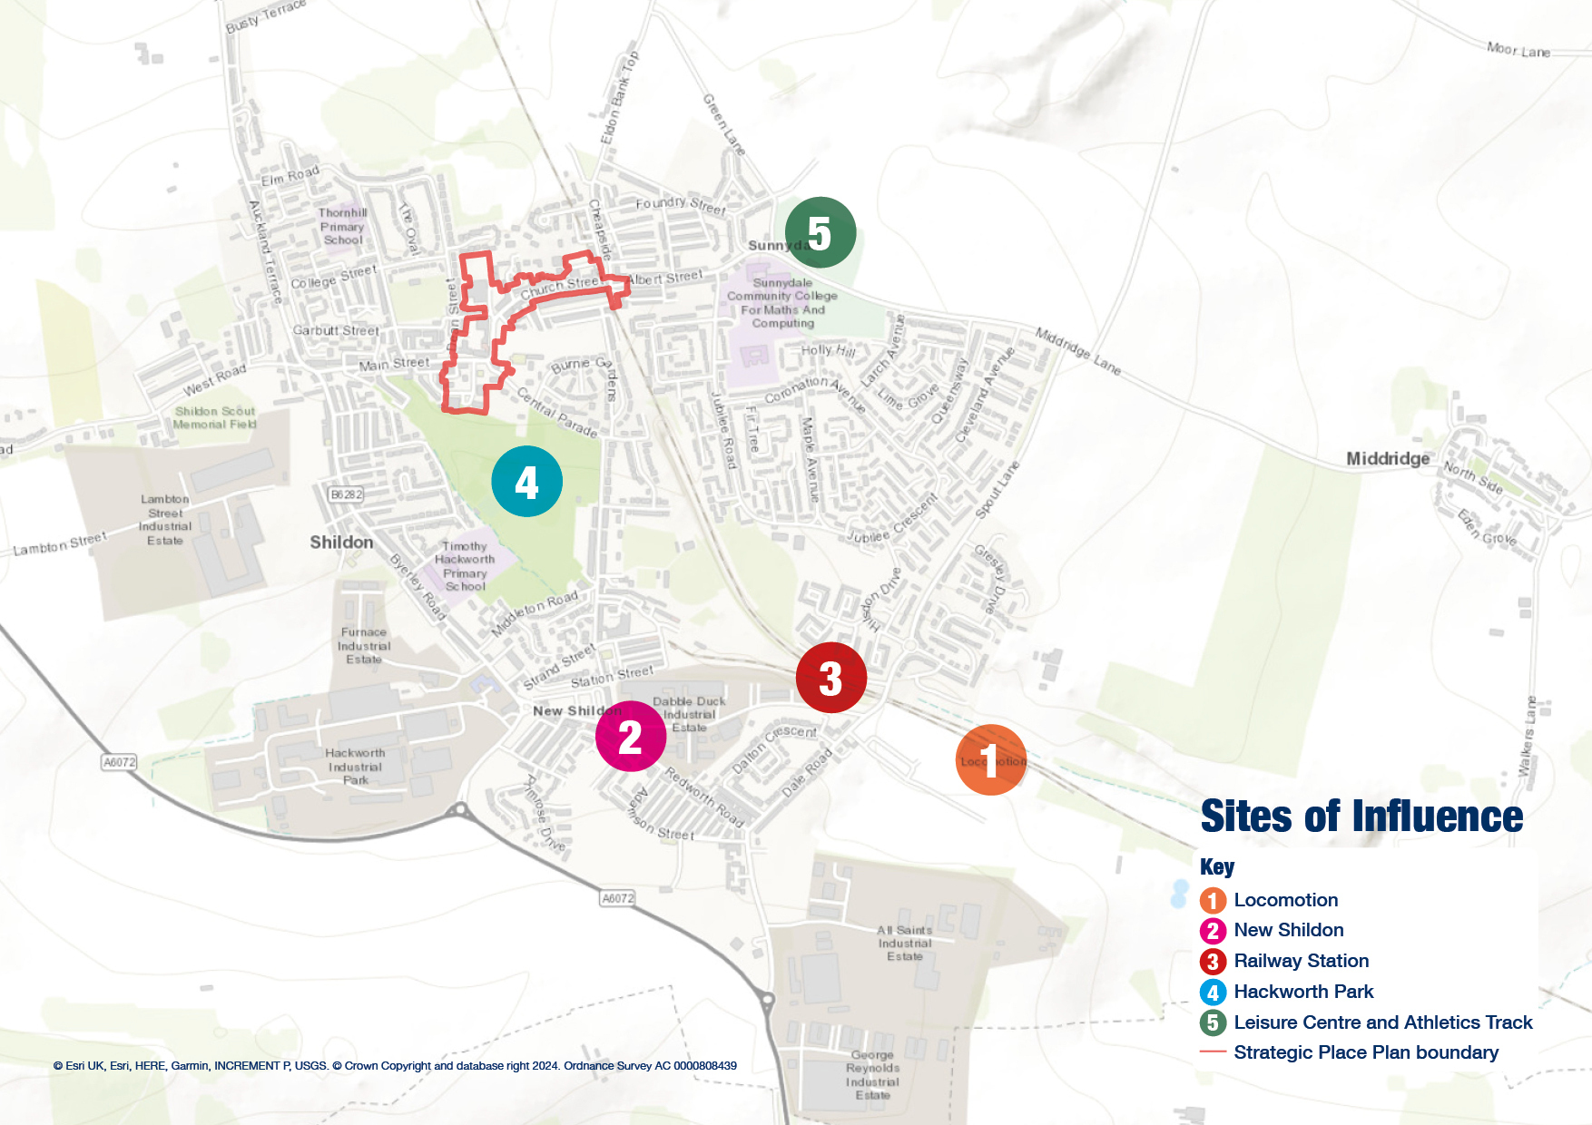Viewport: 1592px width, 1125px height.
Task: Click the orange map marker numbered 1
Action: [990, 760]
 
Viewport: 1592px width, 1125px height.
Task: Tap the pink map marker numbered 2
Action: [631, 737]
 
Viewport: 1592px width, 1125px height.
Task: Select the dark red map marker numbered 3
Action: [830, 678]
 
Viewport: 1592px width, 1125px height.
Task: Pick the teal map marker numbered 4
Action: [526, 482]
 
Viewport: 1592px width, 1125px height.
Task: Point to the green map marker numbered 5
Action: [820, 233]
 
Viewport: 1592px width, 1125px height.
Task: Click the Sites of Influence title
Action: [1361, 817]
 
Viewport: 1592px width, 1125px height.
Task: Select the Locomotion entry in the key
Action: [1285, 900]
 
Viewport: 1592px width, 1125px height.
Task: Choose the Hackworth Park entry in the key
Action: [1302, 992]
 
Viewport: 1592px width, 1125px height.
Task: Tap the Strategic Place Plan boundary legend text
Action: [1365, 1052]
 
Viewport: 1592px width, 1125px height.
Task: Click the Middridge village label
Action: [1387, 459]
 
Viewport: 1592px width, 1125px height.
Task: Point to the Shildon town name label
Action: [341, 543]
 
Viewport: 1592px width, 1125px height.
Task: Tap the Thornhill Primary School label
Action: [343, 227]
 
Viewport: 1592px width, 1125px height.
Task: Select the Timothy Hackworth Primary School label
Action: [465, 567]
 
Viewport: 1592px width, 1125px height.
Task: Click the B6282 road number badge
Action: [346, 494]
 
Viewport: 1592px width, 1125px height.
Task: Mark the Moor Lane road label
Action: [1518, 50]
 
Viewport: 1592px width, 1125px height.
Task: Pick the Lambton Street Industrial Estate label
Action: [165, 520]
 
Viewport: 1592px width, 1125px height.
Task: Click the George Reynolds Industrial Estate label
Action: [872, 1075]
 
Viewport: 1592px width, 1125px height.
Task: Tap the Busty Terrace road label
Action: [265, 16]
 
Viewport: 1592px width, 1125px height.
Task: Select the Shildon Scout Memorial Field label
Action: [215, 417]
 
